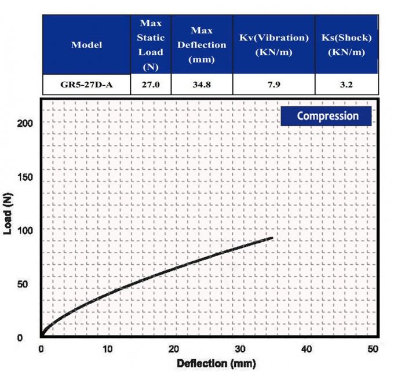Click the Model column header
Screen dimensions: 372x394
86,45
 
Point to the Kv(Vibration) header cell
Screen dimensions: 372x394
273,45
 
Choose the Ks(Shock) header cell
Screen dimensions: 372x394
346,45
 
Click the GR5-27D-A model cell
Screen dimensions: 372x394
86,85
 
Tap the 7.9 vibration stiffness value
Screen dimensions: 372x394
273,85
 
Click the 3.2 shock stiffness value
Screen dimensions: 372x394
346,85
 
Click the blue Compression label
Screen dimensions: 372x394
327,116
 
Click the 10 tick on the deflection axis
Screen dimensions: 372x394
107,349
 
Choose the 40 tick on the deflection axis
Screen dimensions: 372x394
307,349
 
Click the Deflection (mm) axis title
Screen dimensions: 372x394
207,363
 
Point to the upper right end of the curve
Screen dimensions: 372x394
272,238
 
